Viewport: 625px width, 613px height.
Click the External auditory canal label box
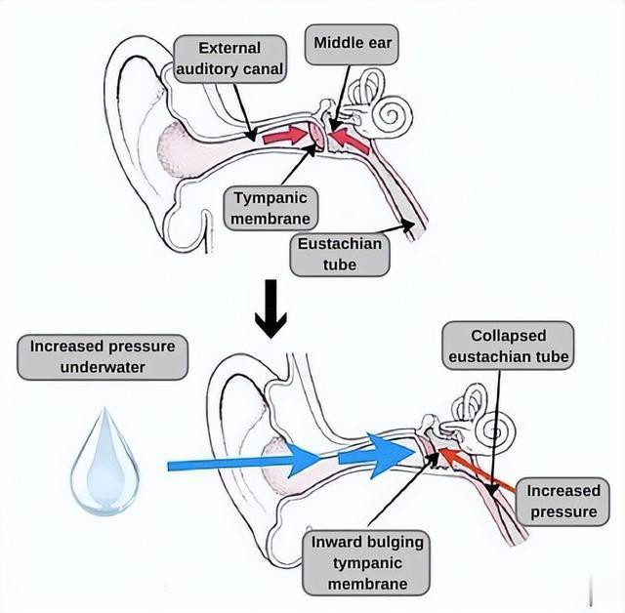(x=230, y=59)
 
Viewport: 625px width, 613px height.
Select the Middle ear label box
(x=352, y=44)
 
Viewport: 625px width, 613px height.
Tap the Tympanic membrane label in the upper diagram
(x=271, y=208)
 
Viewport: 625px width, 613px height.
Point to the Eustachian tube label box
(x=340, y=255)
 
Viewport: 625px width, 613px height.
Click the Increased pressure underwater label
(x=103, y=357)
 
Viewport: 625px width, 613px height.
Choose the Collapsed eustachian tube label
(x=508, y=346)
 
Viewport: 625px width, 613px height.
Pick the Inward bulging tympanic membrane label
(x=367, y=563)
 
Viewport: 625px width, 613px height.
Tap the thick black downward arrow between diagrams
(x=271, y=308)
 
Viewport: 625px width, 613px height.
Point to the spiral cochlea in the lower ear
(x=495, y=431)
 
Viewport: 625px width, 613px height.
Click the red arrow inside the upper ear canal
(x=286, y=137)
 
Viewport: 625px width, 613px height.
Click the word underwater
(x=103, y=367)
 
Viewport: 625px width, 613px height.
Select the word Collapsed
(x=508, y=336)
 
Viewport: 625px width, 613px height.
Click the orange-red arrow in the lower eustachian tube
(x=478, y=470)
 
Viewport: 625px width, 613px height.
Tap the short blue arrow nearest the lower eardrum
(x=376, y=456)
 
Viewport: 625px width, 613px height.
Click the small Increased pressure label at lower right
(x=562, y=502)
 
